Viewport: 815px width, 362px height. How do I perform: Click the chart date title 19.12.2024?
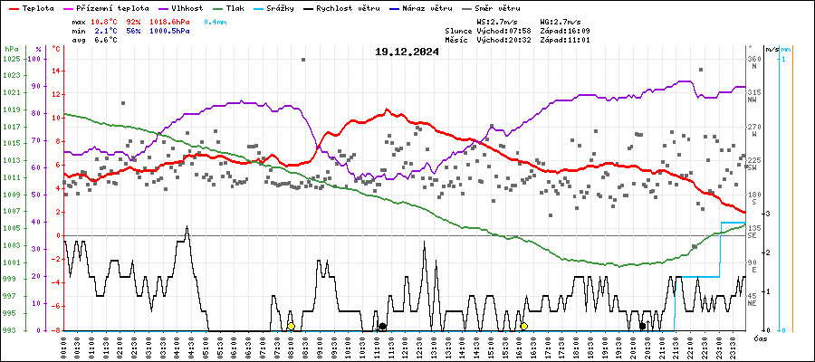click(407, 52)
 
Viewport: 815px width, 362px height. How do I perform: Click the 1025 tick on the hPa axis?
click(11, 59)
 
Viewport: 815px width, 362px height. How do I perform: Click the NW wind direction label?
click(753, 100)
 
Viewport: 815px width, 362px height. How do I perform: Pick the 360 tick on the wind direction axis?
click(754, 59)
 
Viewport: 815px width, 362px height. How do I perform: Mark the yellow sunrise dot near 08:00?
click(291, 326)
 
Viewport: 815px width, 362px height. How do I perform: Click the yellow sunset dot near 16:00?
click(523, 326)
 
